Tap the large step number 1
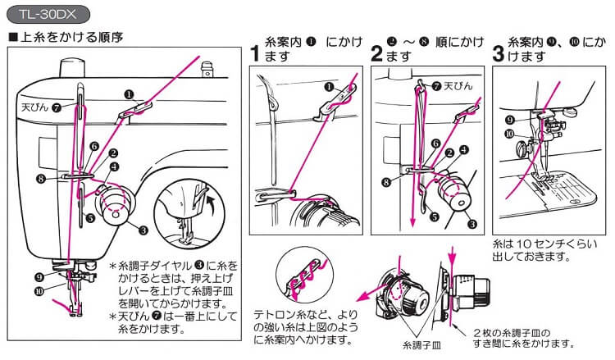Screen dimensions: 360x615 point(255,54)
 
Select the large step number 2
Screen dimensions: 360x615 point(377,54)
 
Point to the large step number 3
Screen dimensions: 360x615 point(499,54)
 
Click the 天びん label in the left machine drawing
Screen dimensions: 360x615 point(31,106)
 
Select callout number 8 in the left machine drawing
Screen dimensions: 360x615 point(40,178)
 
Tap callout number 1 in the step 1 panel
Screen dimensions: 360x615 point(329,85)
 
